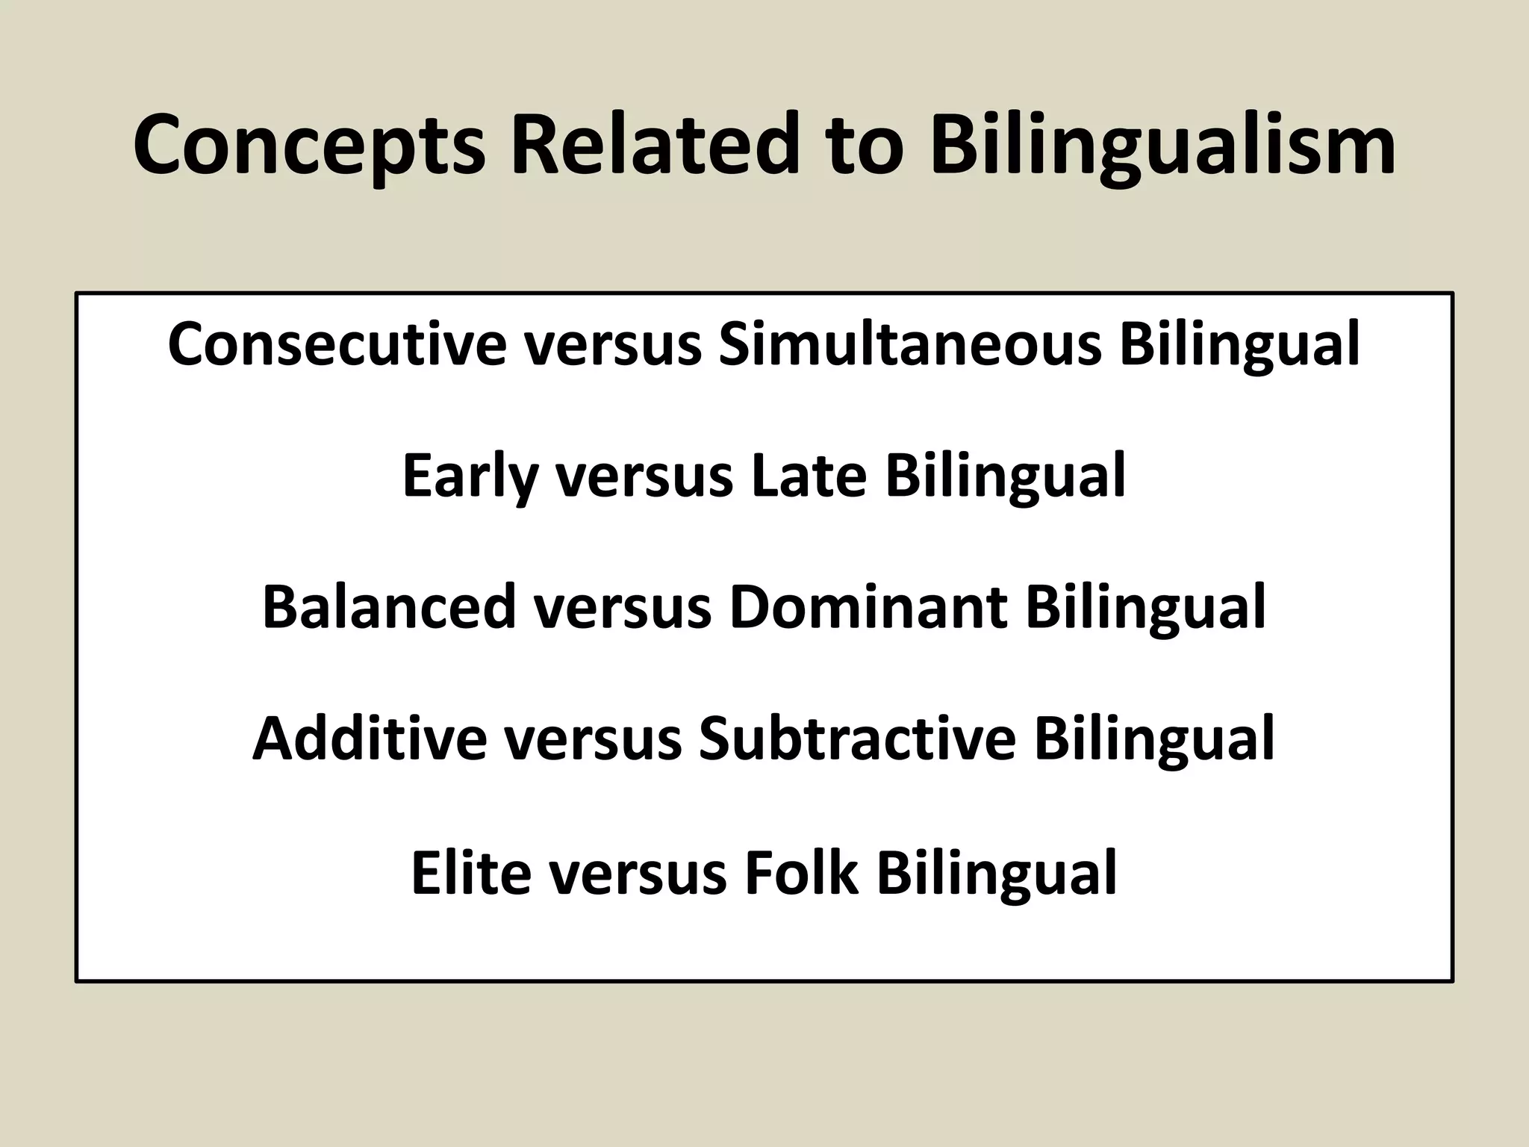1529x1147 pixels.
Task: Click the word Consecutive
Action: (x=337, y=344)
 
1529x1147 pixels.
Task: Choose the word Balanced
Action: (x=389, y=606)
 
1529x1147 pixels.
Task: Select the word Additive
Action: (x=370, y=739)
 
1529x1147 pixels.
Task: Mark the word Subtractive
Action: (x=857, y=739)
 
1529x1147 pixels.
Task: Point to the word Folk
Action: (x=802, y=871)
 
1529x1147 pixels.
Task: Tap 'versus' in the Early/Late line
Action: (x=644, y=476)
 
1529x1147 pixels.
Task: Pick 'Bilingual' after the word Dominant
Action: (x=1146, y=606)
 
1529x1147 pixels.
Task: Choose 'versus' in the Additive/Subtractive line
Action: (x=593, y=739)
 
